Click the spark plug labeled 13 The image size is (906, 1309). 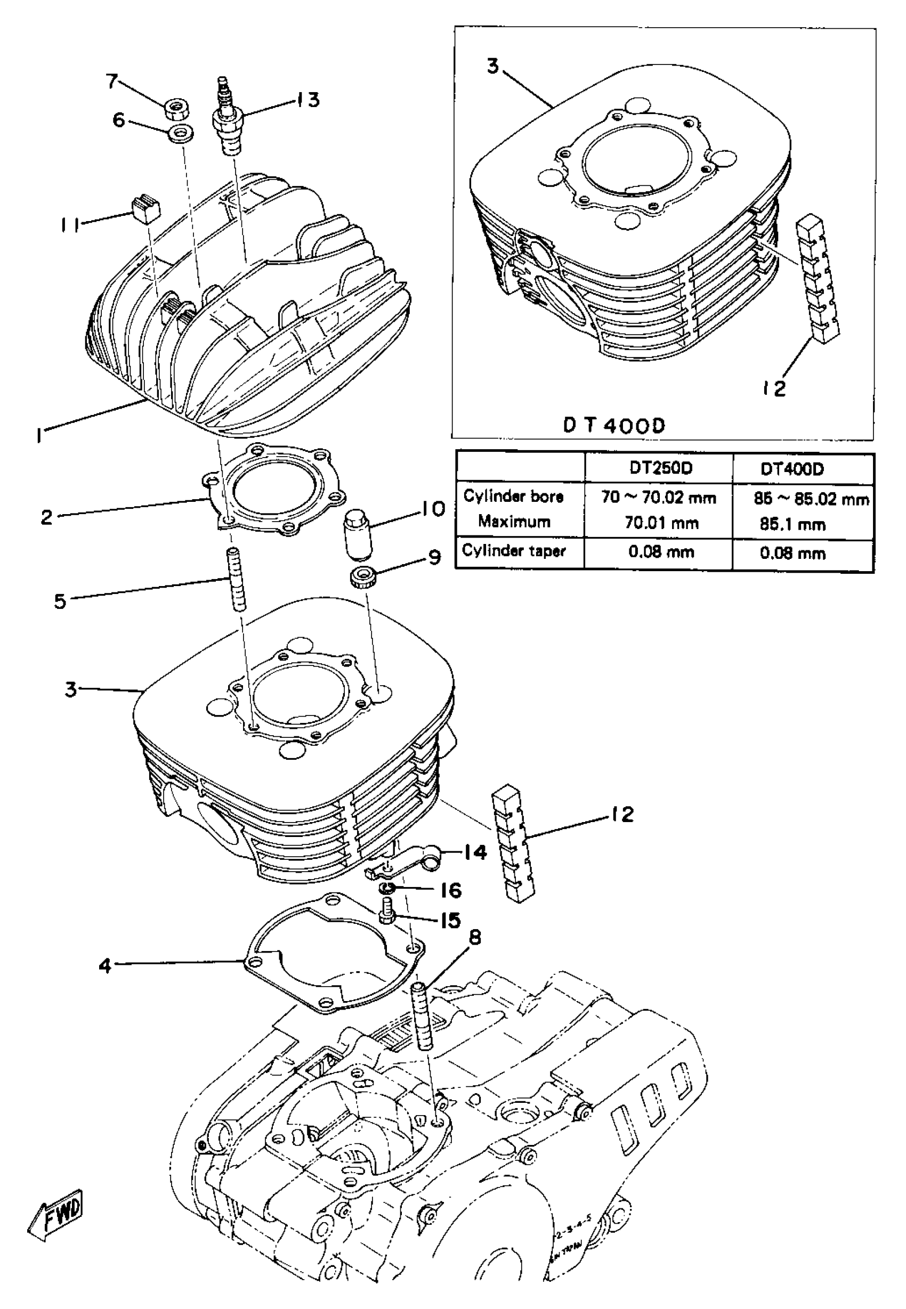[229, 119]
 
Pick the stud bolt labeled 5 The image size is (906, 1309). [237, 579]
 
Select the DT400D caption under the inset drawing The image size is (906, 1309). [613, 425]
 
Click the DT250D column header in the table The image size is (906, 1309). [661, 468]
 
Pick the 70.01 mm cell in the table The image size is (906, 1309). [661, 523]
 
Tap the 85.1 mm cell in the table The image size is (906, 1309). [792, 524]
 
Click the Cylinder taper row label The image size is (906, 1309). [514, 551]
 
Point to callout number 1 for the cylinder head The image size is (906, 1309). [38, 436]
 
